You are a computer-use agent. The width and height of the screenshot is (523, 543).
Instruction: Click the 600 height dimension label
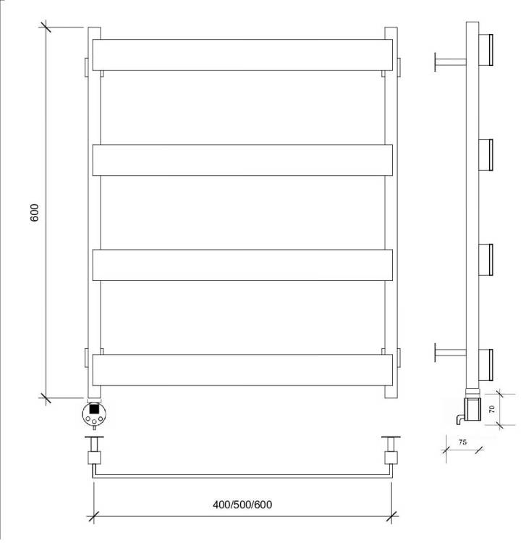[35, 213]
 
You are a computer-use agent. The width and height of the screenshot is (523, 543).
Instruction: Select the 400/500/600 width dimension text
[242, 505]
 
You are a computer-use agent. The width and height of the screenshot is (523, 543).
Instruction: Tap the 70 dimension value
[491, 409]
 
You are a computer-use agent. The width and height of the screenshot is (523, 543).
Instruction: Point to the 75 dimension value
[462, 442]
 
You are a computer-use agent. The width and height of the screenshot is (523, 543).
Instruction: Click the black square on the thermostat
[94, 408]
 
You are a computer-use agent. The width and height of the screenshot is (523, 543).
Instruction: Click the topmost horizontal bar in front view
[242, 55]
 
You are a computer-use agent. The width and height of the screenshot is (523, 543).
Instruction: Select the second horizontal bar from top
[242, 160]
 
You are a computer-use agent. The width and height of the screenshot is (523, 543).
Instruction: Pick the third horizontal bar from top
[242, 265]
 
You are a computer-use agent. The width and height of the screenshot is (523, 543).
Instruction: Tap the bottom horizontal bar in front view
[242, 370]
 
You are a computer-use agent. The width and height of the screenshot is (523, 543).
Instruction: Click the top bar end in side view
[485, 49]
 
